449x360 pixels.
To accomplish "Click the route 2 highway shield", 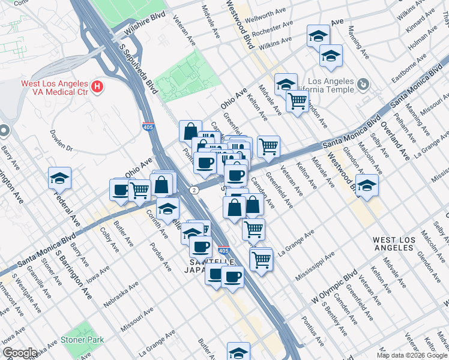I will [x=194, y=190].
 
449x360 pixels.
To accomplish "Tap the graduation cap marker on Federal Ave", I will [x=59, y=178].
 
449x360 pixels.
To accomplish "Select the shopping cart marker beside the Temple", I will [x=297, y=102].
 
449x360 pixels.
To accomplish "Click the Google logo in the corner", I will [x=20, y=353].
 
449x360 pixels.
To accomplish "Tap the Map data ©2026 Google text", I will [x=412, y=355].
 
